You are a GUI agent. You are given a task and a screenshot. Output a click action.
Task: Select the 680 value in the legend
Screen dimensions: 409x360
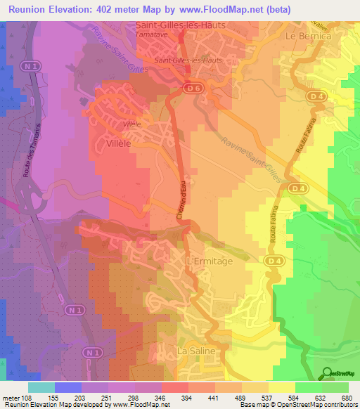tap(347, 397)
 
